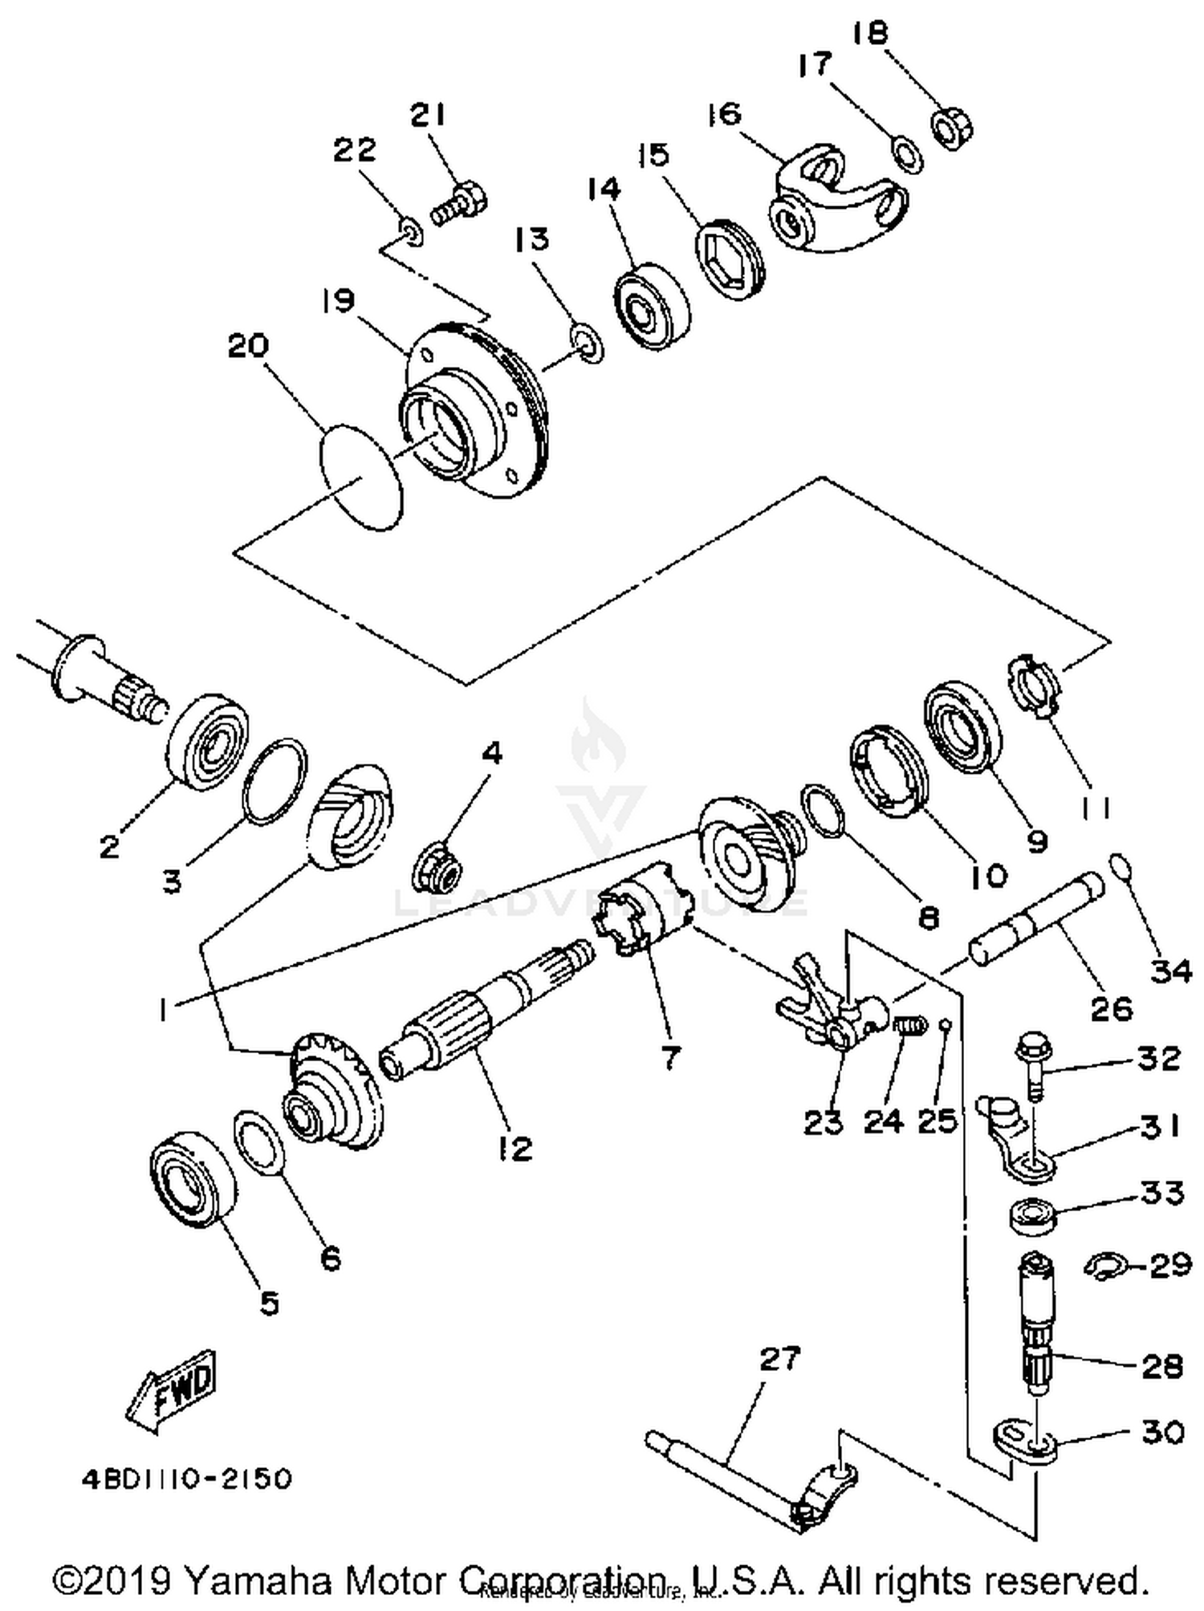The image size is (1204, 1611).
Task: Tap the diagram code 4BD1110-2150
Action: click(186, 1479)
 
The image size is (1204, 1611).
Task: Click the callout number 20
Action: click(249, 347)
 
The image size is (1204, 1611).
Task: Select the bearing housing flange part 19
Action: click(474, 413)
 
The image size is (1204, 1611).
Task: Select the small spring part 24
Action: click(909, 1026)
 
